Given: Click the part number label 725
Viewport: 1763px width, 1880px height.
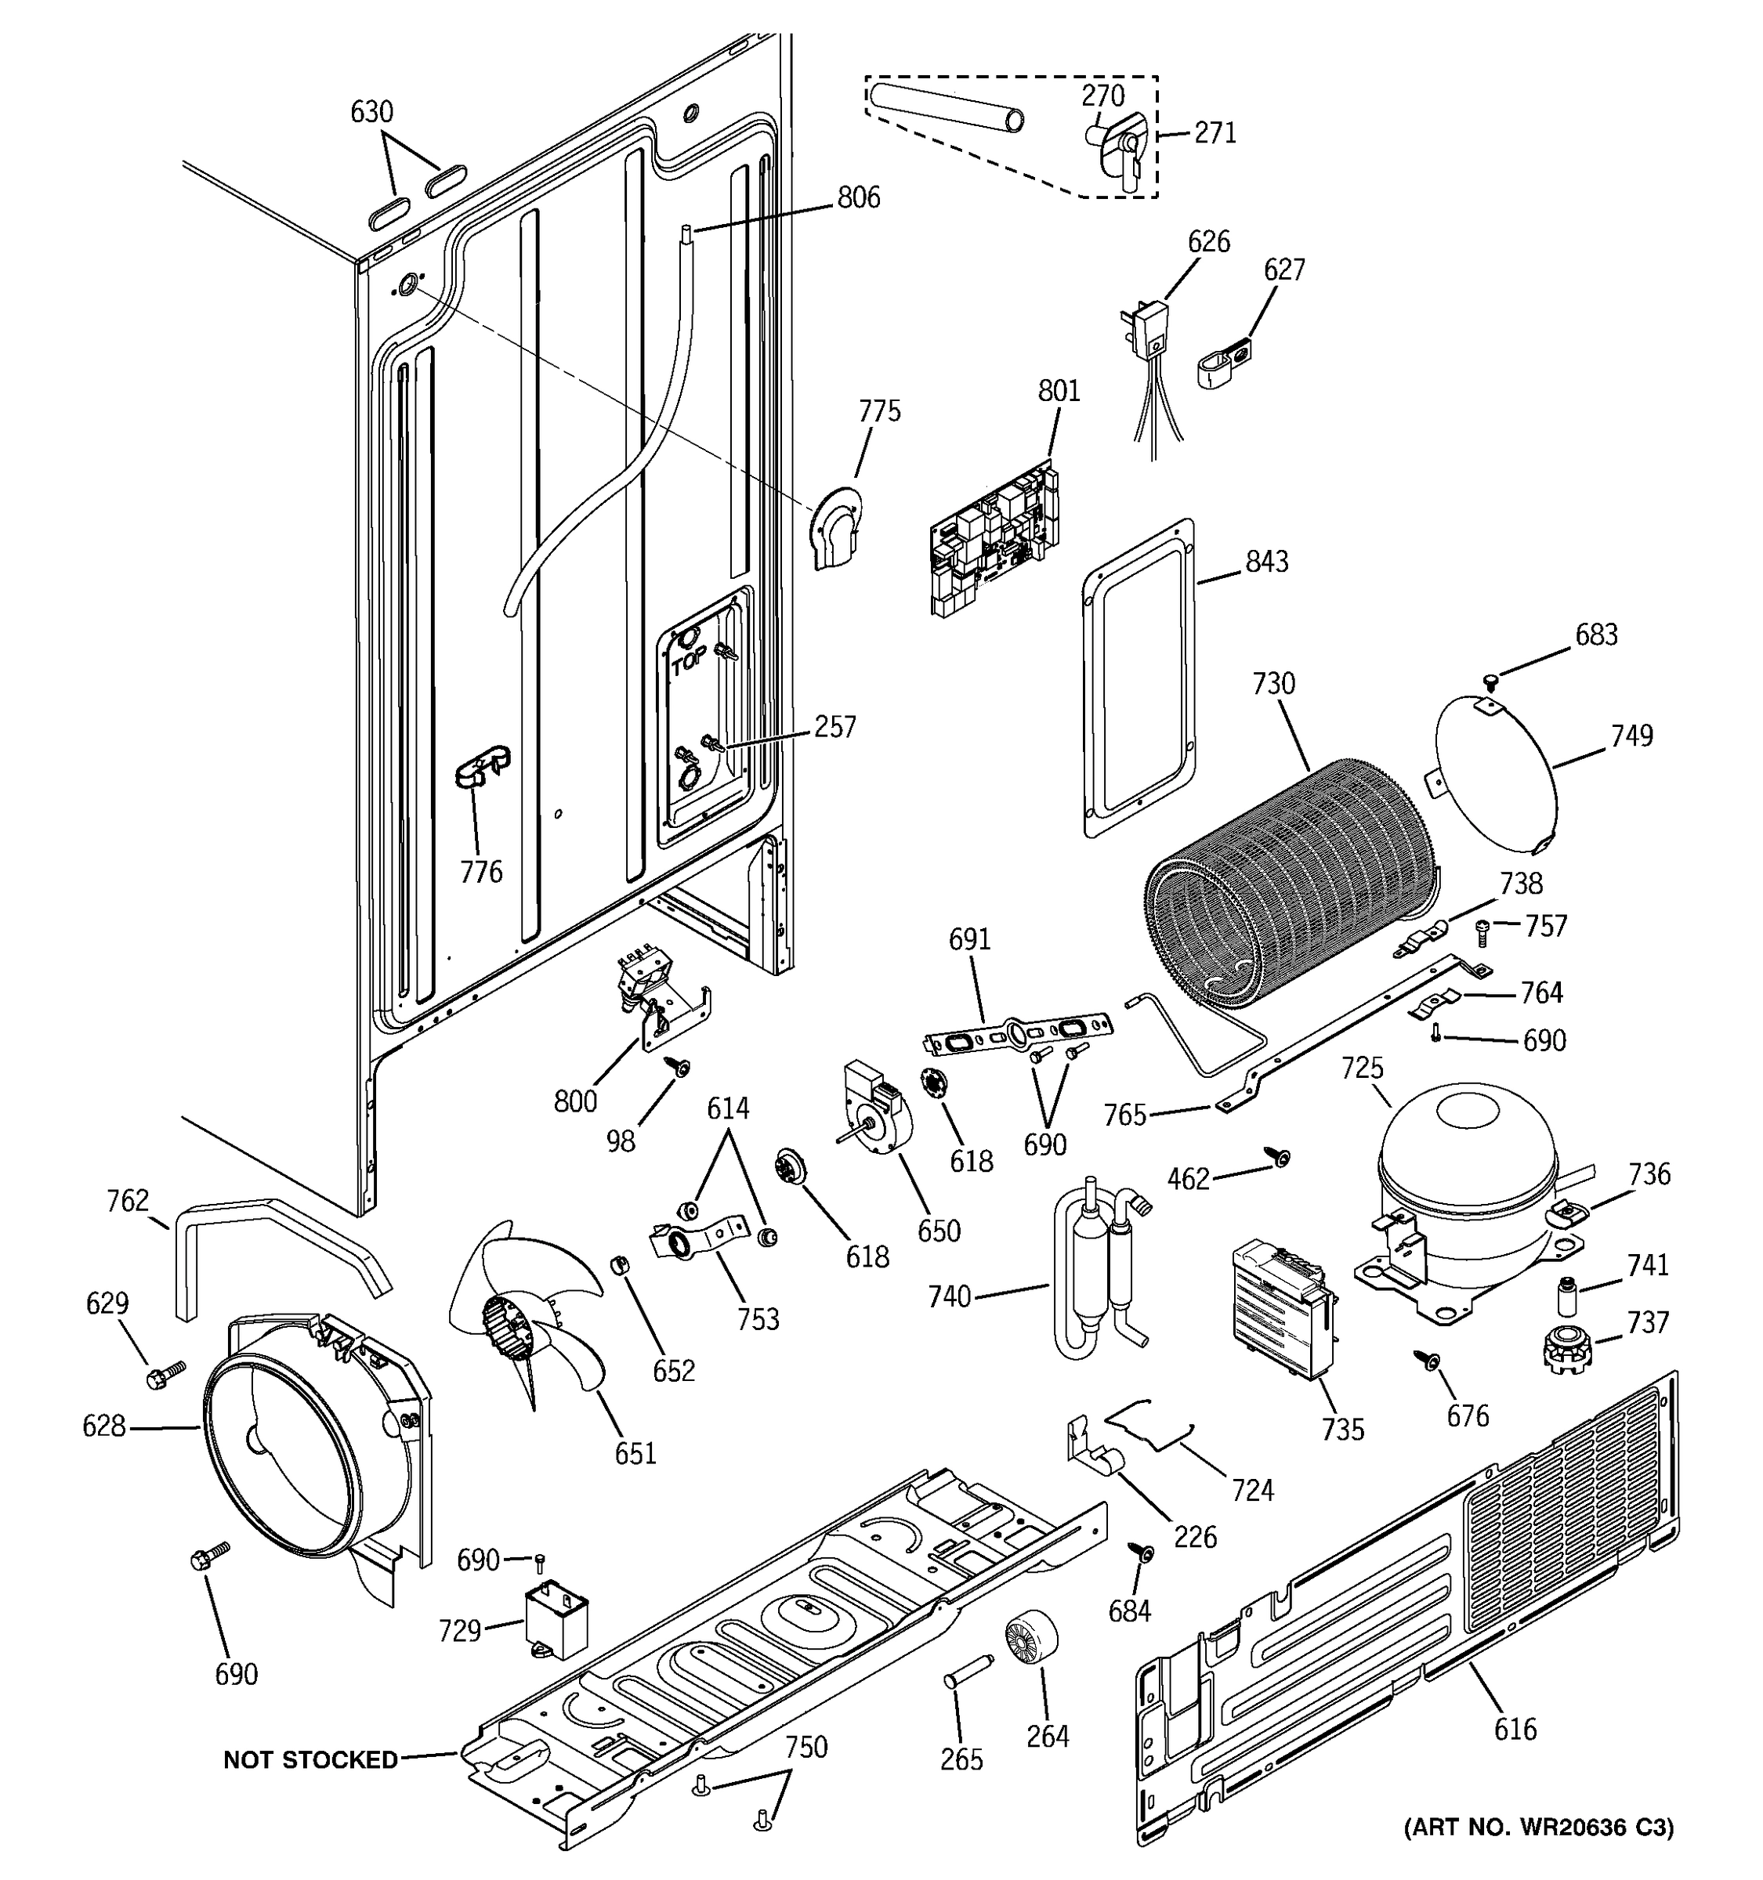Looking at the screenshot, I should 1361,1068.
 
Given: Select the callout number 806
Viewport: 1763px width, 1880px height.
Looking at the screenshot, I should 858,197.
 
